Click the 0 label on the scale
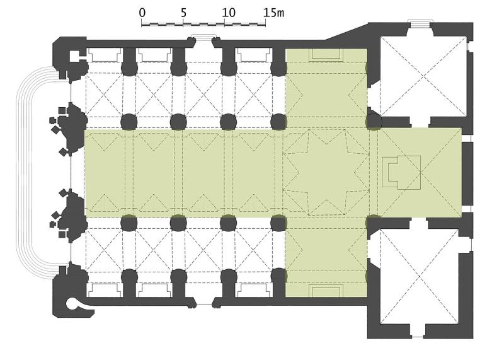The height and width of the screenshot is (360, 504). pos(142,13)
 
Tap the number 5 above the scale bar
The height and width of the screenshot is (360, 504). pos(183,13)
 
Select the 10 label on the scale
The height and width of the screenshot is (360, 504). pos(229,13)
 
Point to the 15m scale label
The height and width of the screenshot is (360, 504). pos(274,13)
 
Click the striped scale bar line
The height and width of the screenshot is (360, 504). pos(203,24)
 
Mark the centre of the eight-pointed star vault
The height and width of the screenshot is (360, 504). pos(326,172)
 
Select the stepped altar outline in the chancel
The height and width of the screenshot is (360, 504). pos(401,173)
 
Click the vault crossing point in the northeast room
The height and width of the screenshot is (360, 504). pos(424,76)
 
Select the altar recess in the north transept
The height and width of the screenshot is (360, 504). pos(326,54)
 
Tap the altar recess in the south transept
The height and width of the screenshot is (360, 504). pos(326,291)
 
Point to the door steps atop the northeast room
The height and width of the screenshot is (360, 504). pos(420,23)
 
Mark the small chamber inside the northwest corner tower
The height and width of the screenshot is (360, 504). pos(75,55)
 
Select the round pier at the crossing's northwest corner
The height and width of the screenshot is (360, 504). pos(278,122)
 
